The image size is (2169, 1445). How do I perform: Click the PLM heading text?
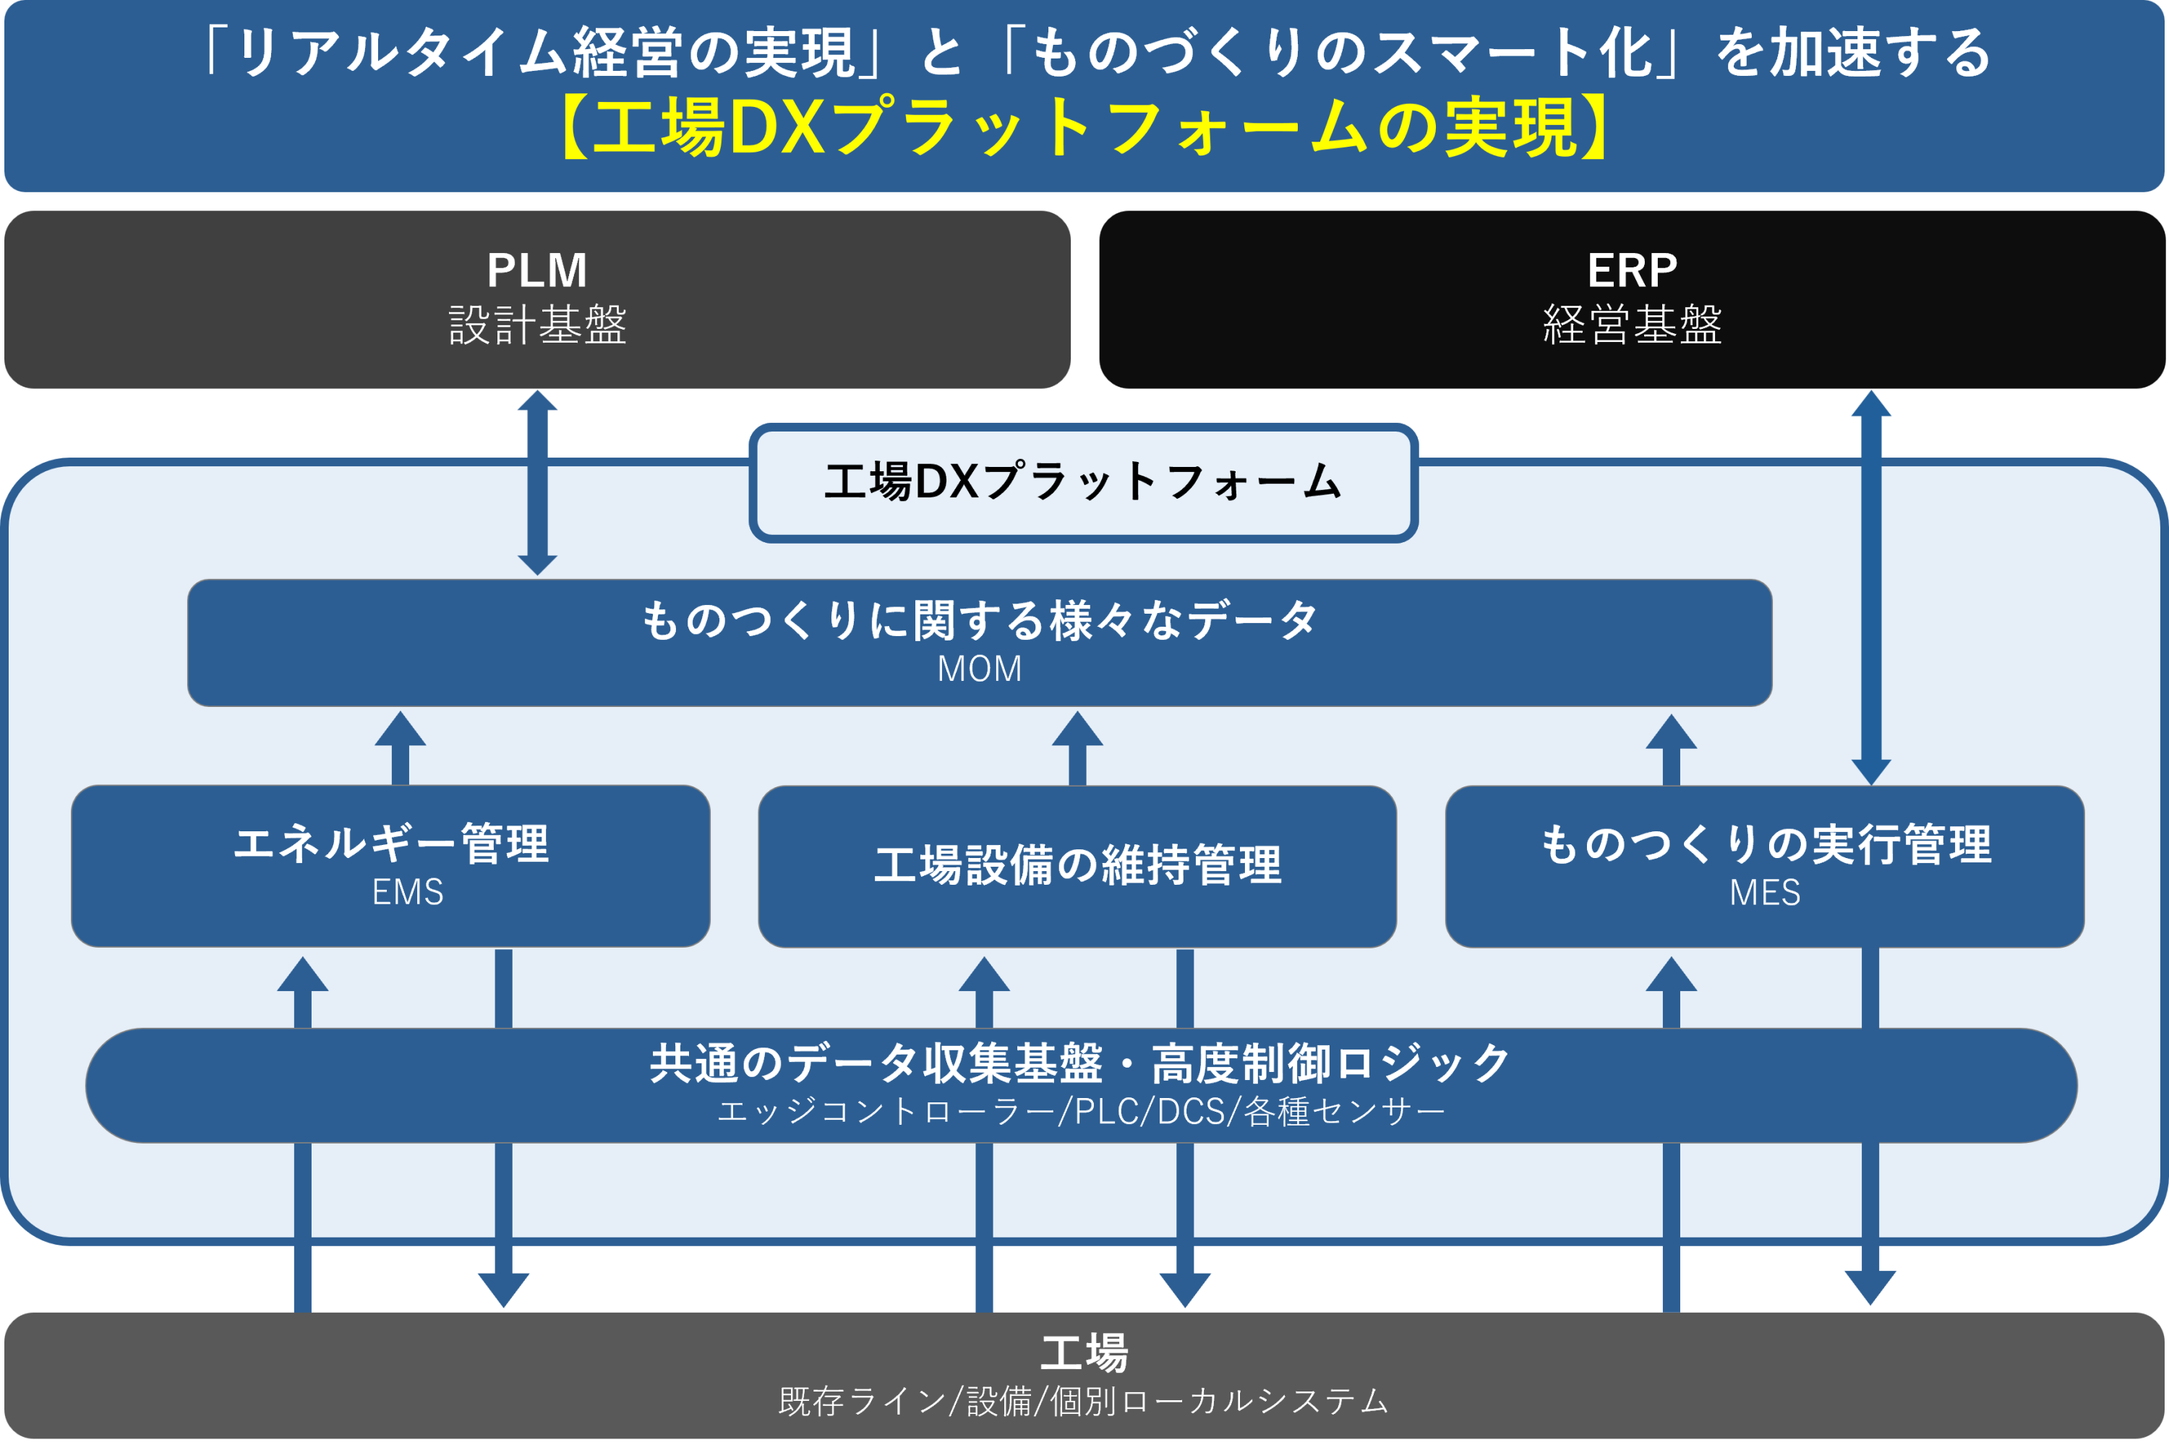536,270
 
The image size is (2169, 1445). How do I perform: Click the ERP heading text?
1632,270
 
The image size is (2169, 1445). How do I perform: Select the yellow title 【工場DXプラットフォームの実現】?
1084,127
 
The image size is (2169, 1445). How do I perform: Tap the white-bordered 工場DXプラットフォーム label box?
1083,482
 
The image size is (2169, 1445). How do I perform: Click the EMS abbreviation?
408,892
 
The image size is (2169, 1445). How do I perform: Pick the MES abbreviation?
1764,892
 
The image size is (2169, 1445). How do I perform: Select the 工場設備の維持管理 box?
1077,865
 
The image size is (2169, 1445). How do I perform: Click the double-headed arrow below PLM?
537,482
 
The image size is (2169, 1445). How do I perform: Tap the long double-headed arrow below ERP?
1871,587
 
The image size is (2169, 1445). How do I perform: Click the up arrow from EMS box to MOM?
400,747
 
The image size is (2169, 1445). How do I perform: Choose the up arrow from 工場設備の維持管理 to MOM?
1077,747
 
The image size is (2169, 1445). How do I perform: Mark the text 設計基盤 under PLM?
537,325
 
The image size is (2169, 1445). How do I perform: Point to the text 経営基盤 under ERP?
1632,325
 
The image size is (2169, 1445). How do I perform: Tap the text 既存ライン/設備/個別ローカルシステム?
1084,1401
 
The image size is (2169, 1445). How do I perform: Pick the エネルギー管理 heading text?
391,844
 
